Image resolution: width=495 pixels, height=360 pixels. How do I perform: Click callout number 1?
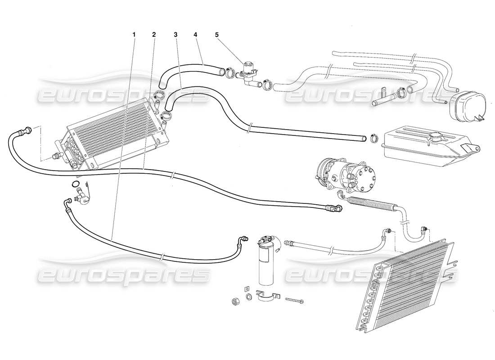click(x=134, y=34)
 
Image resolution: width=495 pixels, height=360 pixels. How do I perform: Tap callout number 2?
click(x=154, y=34)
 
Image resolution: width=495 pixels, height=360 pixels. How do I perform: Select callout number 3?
click(x=175, y=34)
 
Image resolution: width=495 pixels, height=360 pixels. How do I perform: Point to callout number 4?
click(x=195, y=34)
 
